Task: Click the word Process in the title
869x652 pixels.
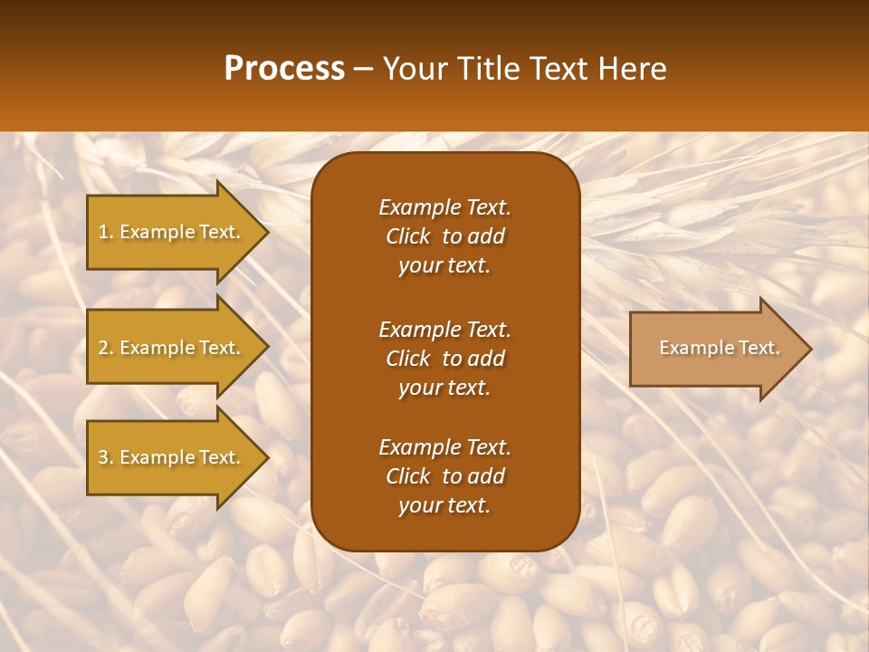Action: point(284,69)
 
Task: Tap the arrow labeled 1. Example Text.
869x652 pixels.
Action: point(172,232)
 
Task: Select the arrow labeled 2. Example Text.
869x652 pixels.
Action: point(172,348)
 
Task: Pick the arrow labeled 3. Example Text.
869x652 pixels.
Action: point(172,457)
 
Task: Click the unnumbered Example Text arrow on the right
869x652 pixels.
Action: point(715,348)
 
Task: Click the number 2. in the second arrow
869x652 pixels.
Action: point(106,348)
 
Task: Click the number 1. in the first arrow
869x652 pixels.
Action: point(106,232)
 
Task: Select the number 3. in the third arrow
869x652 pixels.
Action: point(106,457)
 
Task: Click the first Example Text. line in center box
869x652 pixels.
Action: point(444,207)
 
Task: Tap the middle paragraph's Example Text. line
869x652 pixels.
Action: point(444,329)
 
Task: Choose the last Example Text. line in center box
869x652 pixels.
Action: point(444,446)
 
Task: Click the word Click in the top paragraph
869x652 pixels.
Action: point(407,236)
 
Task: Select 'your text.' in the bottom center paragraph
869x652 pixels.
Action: point(444,506)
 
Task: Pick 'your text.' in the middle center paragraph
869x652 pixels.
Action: point(444,388)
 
